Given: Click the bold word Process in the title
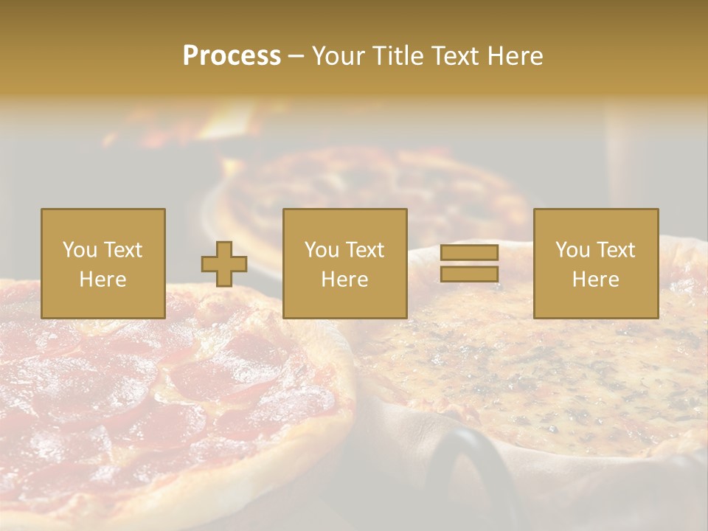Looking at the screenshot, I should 232,56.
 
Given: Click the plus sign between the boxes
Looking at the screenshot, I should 224,264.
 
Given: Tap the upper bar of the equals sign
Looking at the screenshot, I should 469,253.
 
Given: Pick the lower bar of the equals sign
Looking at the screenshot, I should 469,274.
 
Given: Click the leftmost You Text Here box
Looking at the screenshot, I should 103,264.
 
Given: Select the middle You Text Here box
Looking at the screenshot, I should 345,264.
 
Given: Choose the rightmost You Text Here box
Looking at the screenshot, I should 596,264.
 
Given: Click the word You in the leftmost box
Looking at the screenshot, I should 79,250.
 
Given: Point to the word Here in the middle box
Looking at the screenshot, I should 345,280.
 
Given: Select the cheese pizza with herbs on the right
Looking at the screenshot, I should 560,369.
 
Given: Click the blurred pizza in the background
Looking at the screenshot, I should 369,184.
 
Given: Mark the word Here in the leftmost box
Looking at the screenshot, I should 103,280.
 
